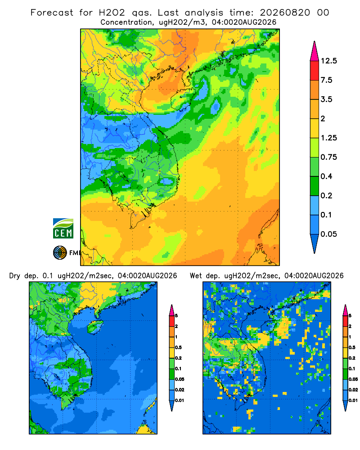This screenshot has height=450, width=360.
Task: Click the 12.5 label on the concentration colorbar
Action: (x=328, y=61)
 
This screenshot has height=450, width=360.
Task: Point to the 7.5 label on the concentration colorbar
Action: (x=326, y=80)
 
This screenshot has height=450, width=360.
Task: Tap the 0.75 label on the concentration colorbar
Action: (x=328, y=157)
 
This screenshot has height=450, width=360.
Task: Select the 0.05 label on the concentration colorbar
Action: (x=328, y=234)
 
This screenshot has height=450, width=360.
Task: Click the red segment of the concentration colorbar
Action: (x=315, y=70)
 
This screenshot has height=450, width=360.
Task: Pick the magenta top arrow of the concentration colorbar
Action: (x=315, y=51)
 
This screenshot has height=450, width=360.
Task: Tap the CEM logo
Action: (x=63, y=229)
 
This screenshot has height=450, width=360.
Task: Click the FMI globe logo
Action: (x=60, y=253)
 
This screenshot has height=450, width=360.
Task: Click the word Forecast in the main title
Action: (x=52, y=13)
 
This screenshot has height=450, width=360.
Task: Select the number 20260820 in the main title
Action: (x=285, y=13)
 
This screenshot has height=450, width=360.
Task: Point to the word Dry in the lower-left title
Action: (x=15, y=276)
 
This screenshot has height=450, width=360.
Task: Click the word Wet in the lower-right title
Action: (x=196, y=276)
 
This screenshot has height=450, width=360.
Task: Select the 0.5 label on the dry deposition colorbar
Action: (x=178, y=347)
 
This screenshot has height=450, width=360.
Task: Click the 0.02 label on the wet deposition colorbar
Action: (x=353, y=390)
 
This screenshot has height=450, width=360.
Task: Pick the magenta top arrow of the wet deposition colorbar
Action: (x=345, y=310)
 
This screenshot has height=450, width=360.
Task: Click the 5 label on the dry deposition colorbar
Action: (x=176, y=316)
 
